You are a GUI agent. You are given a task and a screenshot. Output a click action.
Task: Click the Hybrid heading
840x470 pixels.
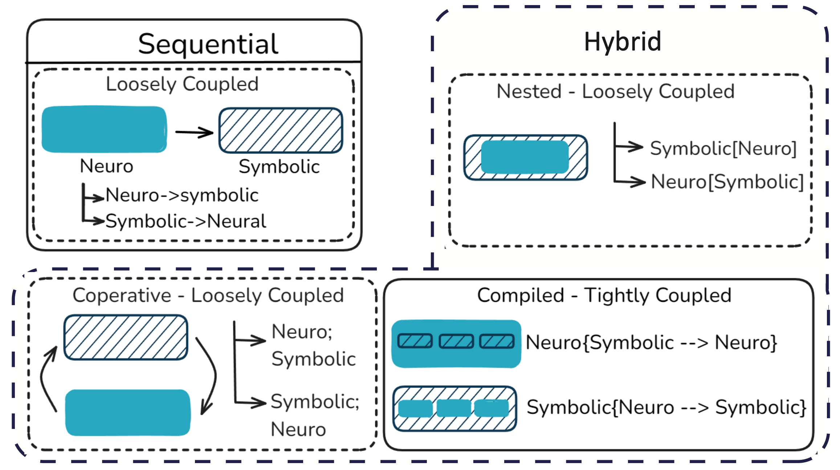(622, 42)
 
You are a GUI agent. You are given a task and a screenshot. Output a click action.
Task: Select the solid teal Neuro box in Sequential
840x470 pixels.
(104, 129)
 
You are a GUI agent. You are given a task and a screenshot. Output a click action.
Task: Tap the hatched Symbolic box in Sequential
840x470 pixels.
(281, 130)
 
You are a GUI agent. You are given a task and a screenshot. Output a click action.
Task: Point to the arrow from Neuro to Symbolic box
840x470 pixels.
(194, 132)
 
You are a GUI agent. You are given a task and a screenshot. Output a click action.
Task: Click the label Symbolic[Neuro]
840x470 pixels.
(723, 148)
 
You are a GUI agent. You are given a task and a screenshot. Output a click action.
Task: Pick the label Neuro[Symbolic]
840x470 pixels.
(727, 181)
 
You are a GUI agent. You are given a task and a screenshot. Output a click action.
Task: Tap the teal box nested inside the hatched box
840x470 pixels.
(525, 157)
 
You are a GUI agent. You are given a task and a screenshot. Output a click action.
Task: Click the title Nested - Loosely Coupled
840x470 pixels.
(615, 92)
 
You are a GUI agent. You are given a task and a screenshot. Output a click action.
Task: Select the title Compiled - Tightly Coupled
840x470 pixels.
(604, 295)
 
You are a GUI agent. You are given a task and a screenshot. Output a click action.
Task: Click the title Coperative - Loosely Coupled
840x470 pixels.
(208, 295)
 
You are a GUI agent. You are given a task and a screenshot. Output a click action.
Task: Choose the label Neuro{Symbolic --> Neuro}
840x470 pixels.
(651, 343)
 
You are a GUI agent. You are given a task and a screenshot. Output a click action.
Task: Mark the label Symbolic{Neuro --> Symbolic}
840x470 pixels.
(666, 407)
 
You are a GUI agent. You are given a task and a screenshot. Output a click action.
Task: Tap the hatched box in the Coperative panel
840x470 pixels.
(126, 337)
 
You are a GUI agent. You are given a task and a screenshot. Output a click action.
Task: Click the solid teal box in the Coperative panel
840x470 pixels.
(127, 413)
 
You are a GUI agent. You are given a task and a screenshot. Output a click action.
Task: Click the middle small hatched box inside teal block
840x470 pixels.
(456, 341)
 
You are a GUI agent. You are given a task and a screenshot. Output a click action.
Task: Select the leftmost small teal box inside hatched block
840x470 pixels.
(415, 409)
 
